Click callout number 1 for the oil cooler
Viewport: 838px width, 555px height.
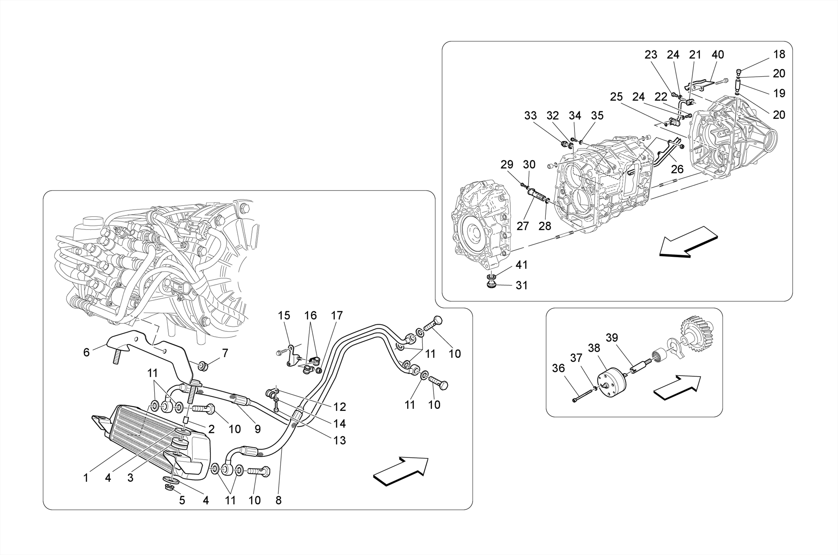point(86,478)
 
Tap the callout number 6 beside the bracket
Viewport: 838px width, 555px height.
point(86,352)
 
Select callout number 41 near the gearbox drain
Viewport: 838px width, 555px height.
point(521,265)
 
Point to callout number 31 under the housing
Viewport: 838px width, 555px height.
point(521,285)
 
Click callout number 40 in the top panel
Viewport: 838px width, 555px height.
point(718,54)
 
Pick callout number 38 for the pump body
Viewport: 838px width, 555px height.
point(594,348)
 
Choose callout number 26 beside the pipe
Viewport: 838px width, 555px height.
point(677,169)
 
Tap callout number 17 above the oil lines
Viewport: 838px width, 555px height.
point(337,316)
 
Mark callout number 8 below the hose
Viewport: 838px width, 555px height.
point(279,500)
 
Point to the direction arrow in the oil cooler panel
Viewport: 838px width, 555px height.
point(401,471)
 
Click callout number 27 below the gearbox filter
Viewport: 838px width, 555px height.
point(523,226)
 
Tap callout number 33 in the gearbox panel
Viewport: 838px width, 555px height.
point(530,116)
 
